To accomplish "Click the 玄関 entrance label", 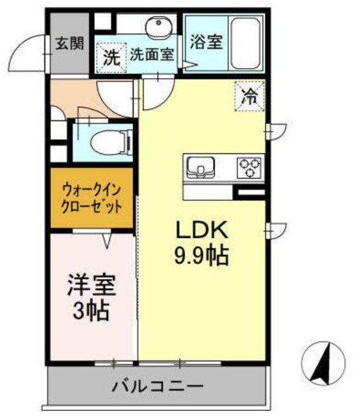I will pos(69,44).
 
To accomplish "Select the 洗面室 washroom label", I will pos(152,54).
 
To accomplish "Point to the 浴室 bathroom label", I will pos(205,43).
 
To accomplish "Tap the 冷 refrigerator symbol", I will pos(250,97).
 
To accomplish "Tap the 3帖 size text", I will pos(92,312).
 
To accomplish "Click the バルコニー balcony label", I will pos(158,386).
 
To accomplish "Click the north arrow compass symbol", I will pos(324,363).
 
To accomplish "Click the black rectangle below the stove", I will pos(250,191).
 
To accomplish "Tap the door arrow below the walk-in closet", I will pos(107,240).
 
